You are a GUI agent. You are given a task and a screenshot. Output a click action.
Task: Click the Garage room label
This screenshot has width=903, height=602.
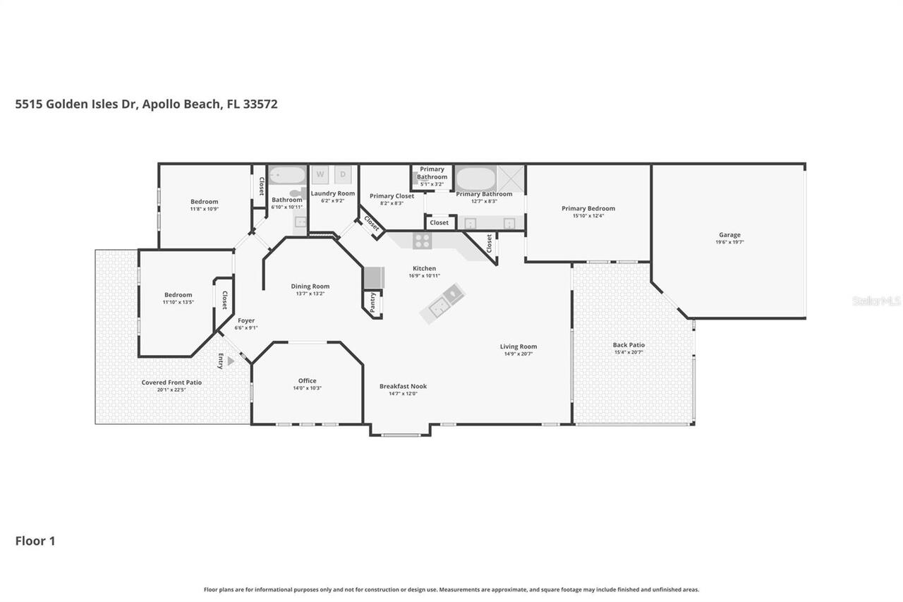729,235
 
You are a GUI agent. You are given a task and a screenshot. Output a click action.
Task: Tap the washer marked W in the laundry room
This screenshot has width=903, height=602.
320,174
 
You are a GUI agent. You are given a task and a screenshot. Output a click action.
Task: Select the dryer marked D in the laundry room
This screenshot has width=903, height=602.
343,174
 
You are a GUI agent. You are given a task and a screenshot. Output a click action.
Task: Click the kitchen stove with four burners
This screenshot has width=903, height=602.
422,241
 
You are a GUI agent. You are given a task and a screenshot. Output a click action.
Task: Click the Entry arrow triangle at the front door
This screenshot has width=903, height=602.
231,361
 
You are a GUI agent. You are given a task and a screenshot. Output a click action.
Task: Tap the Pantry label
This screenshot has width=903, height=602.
373,302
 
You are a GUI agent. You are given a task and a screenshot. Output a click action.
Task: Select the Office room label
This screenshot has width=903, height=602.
307,381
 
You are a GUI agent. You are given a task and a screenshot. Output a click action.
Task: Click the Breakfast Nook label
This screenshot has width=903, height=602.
403,386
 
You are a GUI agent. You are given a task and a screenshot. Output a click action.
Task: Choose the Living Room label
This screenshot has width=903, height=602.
519,347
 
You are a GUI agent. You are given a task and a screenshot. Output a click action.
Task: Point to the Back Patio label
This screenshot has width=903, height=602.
629,345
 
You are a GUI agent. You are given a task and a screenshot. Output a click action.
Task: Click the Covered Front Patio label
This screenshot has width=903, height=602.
171,383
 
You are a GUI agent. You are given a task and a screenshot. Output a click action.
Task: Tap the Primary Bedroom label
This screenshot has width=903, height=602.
588,208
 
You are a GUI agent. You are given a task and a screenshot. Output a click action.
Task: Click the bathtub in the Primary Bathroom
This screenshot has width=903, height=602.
475,177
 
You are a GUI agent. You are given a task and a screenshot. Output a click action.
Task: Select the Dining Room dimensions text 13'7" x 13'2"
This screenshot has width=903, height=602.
310,294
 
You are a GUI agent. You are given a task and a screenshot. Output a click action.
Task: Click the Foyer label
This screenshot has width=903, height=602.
246,320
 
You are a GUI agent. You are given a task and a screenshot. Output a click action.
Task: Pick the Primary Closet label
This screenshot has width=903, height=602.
392,196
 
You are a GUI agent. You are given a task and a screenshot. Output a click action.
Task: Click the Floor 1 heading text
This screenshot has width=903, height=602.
35,541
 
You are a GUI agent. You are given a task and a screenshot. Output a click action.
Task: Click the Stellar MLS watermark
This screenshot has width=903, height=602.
876,301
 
